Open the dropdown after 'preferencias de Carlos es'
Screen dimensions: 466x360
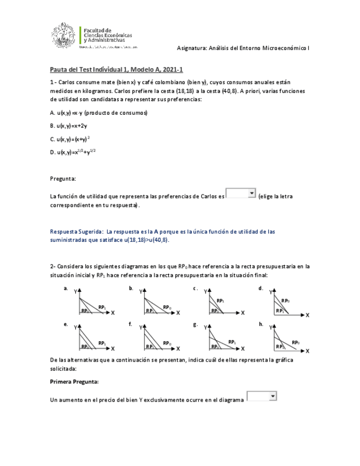[x=241, y=193]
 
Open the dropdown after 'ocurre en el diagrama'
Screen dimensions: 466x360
[x=262, y=396]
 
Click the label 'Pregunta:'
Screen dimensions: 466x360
[x=63, y=179]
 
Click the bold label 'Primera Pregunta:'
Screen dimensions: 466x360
[x=75, y=381]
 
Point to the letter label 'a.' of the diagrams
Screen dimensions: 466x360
[x=66, y=288]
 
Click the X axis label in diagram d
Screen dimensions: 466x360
[x=307, y=315]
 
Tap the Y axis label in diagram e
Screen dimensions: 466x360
[x=75, y=328]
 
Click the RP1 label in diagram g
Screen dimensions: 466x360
[x=232, y=342]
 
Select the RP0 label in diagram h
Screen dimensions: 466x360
[x=296, y=342]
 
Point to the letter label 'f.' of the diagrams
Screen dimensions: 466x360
[x=130, y=324]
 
